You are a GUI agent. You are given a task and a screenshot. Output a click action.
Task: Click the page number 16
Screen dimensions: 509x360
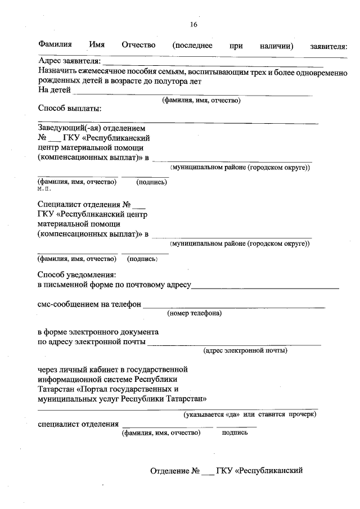point(193,24)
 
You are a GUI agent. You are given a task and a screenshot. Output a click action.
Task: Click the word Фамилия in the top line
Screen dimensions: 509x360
point(55,45)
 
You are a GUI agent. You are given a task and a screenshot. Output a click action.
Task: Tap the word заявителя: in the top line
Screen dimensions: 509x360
point(328,46)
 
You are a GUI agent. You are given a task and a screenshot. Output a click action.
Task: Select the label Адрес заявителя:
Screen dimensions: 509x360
point(69,61)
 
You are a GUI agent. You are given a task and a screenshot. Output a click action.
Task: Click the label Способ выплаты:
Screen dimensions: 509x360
point(69,109)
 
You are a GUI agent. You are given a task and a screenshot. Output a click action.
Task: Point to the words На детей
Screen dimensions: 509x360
point(54,90)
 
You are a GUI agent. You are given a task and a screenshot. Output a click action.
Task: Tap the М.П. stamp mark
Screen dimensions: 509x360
point(44,189)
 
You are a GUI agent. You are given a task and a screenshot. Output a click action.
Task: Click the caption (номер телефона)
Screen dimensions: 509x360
point(194,313)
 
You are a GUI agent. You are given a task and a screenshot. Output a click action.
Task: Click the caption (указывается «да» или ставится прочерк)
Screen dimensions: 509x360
point(250,415)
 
